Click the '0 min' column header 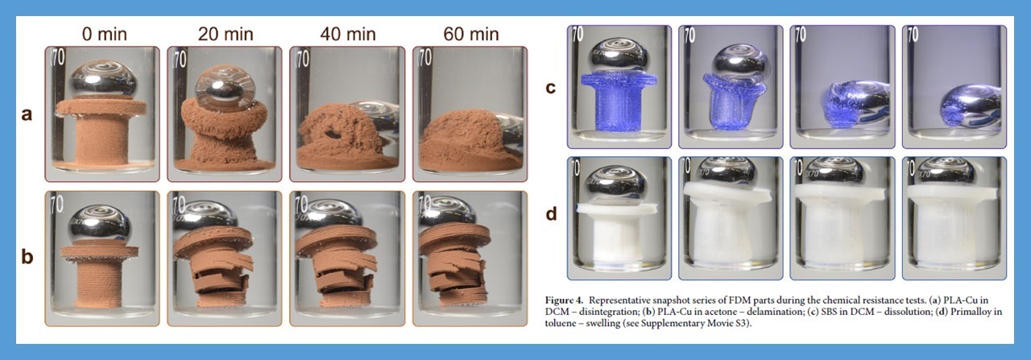[105, 34]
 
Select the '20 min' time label [226, 34]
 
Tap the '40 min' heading [348, 34]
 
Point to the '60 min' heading [471, 34]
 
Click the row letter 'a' [27, 114]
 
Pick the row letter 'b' [27, 256]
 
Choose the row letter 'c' [550, 88]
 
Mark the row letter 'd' [551, 213]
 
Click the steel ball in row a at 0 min [103, 81]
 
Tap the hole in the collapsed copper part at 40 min [331, 134]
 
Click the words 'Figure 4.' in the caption [564, 300]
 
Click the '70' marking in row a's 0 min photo [59, 57]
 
